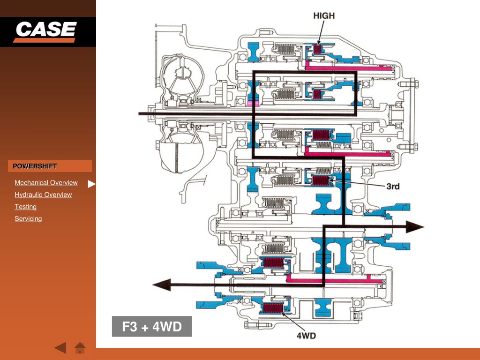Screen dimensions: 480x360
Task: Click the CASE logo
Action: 45,31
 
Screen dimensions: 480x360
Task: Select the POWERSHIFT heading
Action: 35,166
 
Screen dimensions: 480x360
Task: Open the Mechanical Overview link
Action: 46,182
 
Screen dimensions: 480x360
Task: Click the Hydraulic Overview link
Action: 43,195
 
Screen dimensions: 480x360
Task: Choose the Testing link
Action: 25,207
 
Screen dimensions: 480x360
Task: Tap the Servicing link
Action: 28,218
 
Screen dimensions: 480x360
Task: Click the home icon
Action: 80,348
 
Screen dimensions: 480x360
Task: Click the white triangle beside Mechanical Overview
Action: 91,184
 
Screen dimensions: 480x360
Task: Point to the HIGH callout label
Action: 324,15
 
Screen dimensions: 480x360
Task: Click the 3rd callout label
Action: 393,186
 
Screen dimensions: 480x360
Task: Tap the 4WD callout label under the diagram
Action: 306,336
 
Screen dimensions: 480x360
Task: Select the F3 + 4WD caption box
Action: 152,326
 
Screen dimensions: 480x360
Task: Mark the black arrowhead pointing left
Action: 162,285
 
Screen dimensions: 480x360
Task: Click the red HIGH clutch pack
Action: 317,49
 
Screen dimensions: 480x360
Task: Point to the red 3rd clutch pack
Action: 321,180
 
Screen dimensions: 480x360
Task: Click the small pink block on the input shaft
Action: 253,104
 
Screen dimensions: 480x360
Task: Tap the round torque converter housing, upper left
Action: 182,79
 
